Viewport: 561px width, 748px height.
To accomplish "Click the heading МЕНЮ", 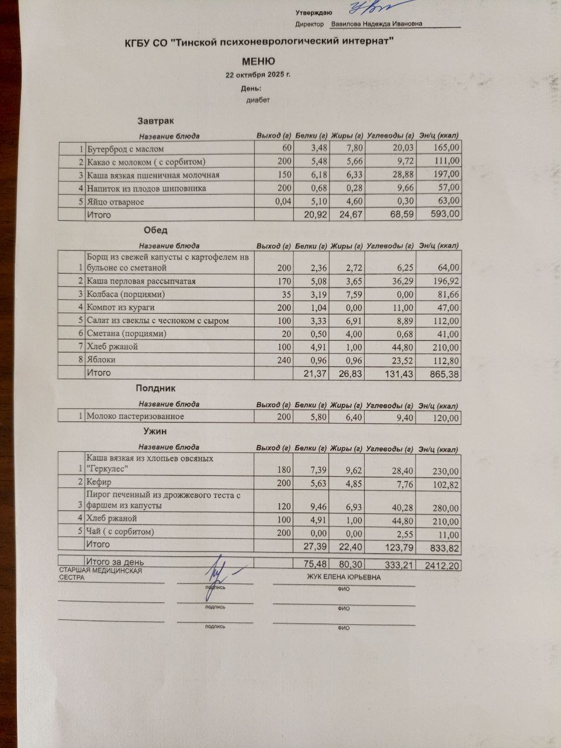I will pyautogui.click(x=258, y=61).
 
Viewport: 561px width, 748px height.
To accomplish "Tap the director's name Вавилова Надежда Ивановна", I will pyautogui.click(x=377, y=25).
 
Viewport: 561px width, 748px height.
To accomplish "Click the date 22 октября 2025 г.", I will pyautogui.click(x=258, y=75).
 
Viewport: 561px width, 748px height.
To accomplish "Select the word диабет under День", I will pyautogui.click(x=258, y=100).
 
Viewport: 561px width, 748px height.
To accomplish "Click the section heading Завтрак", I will pyautogui.click(x=155, y=122).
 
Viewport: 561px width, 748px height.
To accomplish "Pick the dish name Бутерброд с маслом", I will pyautogui.click(x=125, y=149).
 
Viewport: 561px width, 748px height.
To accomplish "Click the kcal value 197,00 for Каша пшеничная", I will pyautogui.click(x=447, y=175).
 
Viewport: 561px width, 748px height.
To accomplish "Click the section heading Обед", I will pyautogui.click(x=155, y=231).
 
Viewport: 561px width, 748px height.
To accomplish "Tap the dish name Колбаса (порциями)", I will pyautogui.click(x=126, y=294).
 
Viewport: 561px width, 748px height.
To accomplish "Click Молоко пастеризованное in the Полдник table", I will pyautogui.click(x=135, y=417).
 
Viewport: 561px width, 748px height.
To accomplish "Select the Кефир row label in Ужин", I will pyautogui.click(x=99, y=483).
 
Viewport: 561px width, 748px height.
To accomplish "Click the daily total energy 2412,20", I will pyautogui.click(x=442, y=565).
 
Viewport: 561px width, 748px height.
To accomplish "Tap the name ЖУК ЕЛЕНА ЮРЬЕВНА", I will pyautogui.click(x=344, y=577).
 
